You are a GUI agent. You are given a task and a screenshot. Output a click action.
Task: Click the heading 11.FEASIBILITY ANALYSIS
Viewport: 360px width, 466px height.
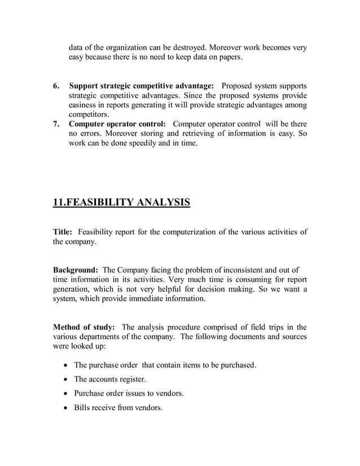121,201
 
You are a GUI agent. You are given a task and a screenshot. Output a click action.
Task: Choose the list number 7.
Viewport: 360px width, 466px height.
56,124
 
